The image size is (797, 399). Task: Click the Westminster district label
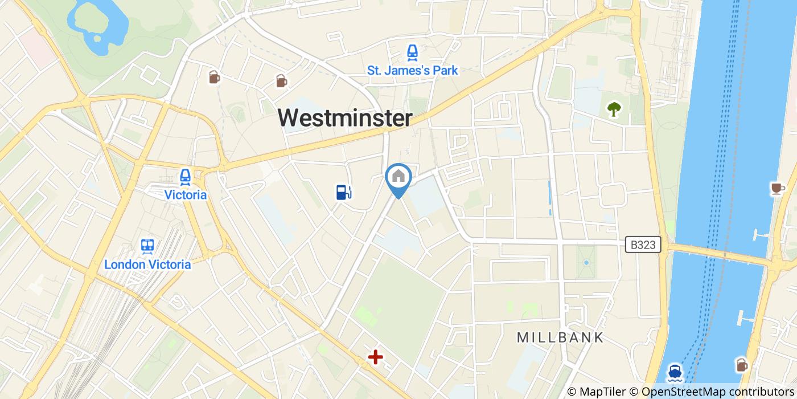click(x=345, y=118)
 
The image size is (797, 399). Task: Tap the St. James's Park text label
click(x=412, y=71)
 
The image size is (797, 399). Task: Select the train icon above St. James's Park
click(x=412, y=53)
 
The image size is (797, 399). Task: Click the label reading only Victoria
click(x=185, y=195)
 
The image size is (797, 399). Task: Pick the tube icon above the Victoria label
click(x=185, y=177)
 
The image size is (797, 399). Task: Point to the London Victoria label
click(x=147, y=264)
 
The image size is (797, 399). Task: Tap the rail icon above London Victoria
click(x=147, y=246)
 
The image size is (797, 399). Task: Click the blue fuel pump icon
click(x=343, y=192)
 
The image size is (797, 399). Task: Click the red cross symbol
click(x=375, y=357)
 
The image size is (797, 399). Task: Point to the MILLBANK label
click(x=560, y=337)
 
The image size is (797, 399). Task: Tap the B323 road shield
click(x=644, y=245)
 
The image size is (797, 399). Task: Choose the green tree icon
click(x=614, y=108)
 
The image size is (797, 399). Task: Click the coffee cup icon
click(x=777, y=188)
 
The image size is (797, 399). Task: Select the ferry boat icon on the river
click(x=675, y=372)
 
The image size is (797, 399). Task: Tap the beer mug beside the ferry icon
click(x=741, y=364)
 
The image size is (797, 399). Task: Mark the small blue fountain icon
click(x=586, y=263)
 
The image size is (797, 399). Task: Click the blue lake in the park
click(x=97, y=23)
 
